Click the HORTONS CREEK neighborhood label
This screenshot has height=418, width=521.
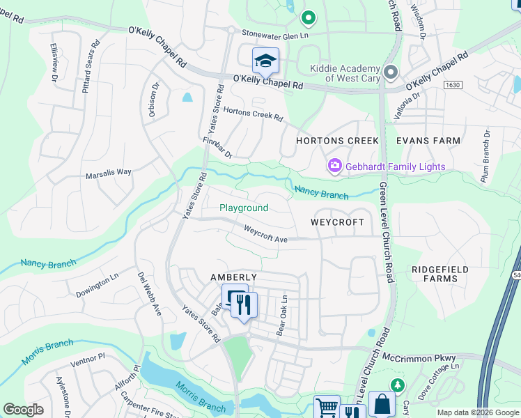pos(337,141)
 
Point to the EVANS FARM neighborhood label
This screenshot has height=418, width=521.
pos(428,141)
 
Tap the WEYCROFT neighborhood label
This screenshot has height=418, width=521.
pos(337,222)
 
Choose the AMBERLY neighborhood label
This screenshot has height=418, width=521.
pos(234,277)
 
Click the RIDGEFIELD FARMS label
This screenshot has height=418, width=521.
pos(435,274)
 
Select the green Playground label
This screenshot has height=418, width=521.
pos(244,208)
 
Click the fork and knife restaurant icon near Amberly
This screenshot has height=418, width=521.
pos(244,305)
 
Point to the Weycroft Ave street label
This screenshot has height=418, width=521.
pos(266,234)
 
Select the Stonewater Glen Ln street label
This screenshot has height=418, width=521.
pos(274,33)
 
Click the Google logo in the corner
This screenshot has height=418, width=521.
pos(23,410)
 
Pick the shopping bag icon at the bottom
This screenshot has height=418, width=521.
pos(382,405)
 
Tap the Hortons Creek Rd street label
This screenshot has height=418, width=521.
pos(253,114)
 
